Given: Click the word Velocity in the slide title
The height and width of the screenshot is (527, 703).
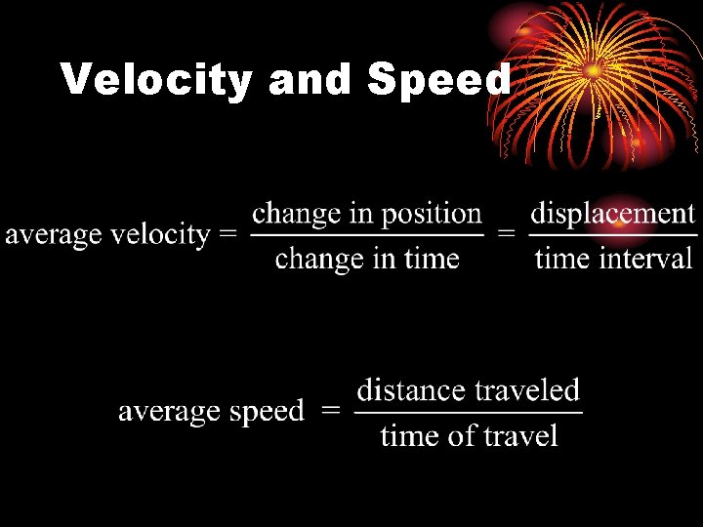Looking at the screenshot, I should [x=156, y=80].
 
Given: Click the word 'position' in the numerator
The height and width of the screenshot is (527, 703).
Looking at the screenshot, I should [x=437, y=215].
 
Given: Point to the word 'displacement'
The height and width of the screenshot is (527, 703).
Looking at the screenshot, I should [x=612, y=213].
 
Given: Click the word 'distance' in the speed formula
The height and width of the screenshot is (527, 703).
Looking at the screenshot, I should [x=410, y=390].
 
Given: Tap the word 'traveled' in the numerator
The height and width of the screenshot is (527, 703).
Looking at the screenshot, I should [x=527, y=390].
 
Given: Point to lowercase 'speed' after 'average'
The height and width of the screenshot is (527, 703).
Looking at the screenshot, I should [x=267, y=412].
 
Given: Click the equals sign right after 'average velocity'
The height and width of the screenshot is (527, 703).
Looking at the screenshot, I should [x=227, y=235].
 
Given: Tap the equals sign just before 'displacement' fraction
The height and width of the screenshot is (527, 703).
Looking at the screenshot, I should [x=507, y=235].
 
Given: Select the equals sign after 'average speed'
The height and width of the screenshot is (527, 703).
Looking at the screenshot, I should [x=331, y=411].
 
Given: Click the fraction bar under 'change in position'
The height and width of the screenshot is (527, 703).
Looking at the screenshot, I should [x=367, y=235].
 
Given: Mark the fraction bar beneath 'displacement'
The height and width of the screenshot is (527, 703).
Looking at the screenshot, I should [x=613, y=235].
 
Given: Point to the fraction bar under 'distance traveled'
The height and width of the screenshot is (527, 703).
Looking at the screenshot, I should [x=468, y=412].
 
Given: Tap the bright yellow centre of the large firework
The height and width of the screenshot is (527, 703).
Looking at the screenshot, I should [x=594, y=70].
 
